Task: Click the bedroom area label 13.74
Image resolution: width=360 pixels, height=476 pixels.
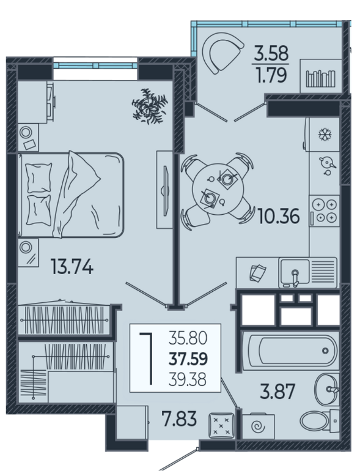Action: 72,267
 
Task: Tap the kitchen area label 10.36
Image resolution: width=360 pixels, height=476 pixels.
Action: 279,216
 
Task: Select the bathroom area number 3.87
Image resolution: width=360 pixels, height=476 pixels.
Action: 277,392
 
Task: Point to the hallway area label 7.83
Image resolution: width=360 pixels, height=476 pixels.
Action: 179,418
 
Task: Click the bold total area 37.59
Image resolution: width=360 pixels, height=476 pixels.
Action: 188,359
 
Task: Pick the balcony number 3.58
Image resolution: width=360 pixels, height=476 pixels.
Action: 271,53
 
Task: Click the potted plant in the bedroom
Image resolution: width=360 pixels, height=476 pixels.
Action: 150,106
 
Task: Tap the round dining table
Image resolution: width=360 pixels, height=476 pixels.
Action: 218,190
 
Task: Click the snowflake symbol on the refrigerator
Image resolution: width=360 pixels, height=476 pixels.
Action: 325,135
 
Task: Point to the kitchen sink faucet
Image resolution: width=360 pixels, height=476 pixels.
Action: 295,278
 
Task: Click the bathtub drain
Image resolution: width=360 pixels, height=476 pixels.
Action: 325,351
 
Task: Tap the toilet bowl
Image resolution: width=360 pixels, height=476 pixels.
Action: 315,420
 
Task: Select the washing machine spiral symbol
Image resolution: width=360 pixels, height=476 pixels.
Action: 259,427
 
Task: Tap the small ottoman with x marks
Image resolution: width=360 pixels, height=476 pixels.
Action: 221,425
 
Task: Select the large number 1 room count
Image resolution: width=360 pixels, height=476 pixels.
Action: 146,359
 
